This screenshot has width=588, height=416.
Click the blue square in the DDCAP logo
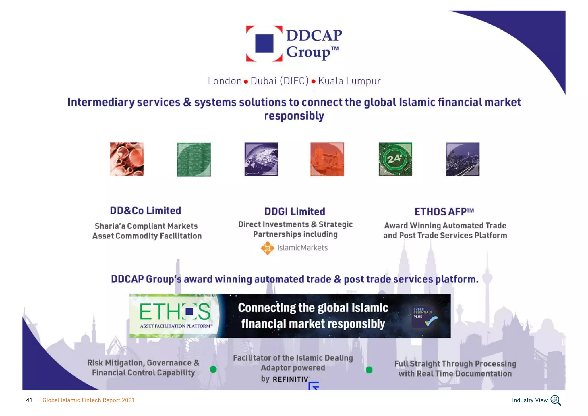pos(264,43)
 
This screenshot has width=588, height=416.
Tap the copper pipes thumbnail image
pos(127,159)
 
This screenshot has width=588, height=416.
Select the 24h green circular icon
pos(395,159)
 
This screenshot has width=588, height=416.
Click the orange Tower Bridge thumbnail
pos(327,159)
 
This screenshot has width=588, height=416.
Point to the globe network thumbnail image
pos(261,159)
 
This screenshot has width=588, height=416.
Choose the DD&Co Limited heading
pos(145,211)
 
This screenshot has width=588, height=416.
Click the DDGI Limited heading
pos(295,212)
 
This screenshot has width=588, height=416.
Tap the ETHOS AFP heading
pos(444,212)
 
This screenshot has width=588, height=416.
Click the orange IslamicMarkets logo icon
pos(267,248)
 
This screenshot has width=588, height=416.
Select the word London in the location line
pos(225,81)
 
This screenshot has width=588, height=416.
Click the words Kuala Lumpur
pos(349,81)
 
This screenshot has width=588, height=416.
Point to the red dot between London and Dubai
pos(246,82)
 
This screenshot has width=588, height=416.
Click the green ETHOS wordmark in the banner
pos(175,312)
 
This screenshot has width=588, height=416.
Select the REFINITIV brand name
pos(290,379)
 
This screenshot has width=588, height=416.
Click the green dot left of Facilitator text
pos(213,369)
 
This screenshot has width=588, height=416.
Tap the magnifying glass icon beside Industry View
pos(556,400)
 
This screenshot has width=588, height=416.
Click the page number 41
pos(29,400)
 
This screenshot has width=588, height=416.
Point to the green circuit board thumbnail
pos(194,159)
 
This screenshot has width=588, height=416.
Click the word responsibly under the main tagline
pos(294,116)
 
